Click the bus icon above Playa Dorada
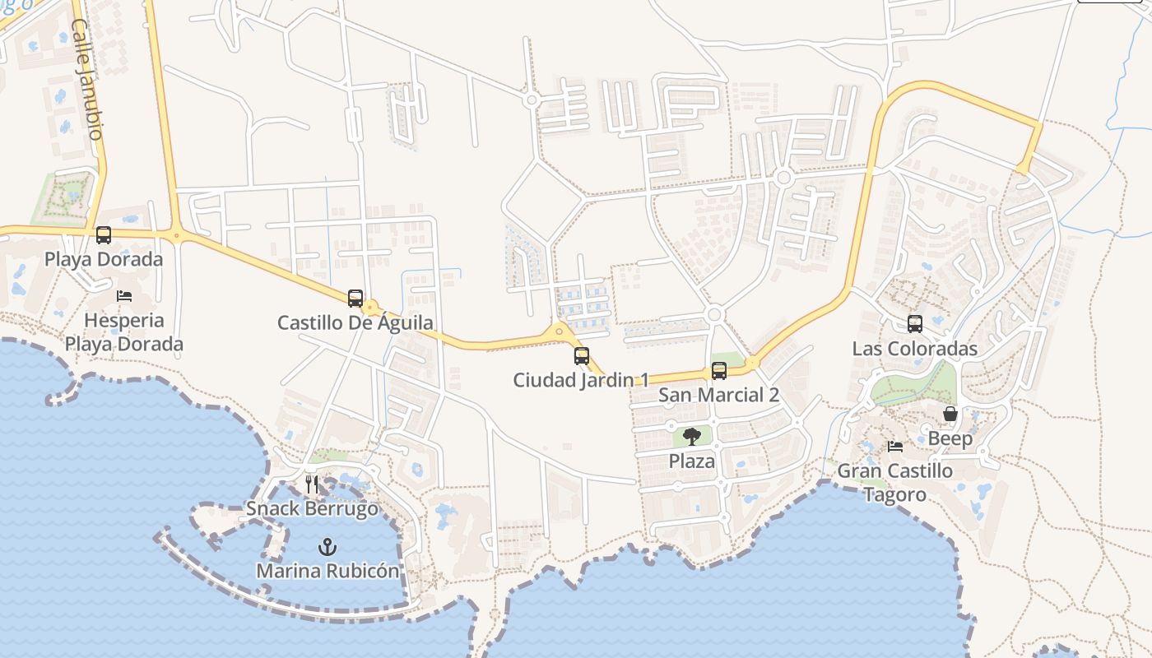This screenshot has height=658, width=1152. (x=104, y=235)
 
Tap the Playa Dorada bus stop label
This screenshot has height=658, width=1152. (x=104, y=259)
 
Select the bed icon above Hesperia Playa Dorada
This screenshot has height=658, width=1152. (x=124, y=296)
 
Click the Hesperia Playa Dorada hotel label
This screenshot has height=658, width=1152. (x=124, y=331)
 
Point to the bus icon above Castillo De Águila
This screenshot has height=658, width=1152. (x=355, y=298)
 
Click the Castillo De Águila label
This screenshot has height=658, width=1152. (x=355, y=322)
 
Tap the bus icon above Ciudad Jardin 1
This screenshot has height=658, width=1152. (x=582, y=356)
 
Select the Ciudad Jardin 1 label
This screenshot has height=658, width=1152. (x=581, y=380)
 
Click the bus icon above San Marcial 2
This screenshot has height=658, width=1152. (x=719, y=371)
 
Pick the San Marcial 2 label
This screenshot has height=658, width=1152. (x=718, y=395)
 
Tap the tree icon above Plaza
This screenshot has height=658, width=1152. (x=692, y=437)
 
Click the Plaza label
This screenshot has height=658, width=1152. (x=692, y=461)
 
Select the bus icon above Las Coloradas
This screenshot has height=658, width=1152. (x=915, y=324)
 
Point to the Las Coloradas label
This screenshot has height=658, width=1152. (x=915, y=349)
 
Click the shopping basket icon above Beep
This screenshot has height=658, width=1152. (x=950, y=414)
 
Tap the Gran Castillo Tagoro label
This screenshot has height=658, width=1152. (x=895, y=483)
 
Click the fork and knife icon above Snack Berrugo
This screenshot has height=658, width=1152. (x=312, y=484)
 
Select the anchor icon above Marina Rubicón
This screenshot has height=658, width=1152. (x=327, y=547)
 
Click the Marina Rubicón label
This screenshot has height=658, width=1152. (x=327, y=571)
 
